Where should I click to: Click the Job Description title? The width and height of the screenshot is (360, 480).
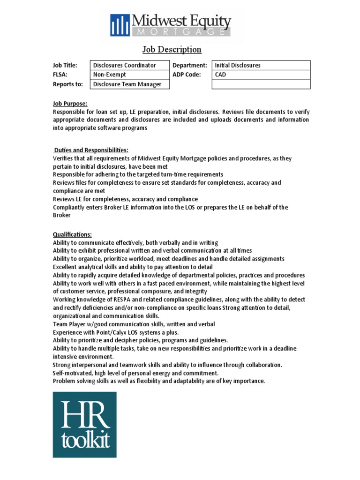click(x=172, y=49)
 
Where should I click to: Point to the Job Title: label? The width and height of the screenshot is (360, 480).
click(x=65, y=66)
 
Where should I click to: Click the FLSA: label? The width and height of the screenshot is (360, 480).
click(x=60, y=75)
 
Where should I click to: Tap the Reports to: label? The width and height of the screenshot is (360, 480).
click(x=67, y=84)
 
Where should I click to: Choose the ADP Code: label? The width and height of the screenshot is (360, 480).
click(x=187, y=75)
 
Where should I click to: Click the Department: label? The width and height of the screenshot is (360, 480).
click(x=190, y=66)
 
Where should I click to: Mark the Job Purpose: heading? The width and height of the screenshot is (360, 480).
click(x=70, y=104)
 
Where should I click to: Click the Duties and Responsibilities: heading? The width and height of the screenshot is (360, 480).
click(x=91, y=150)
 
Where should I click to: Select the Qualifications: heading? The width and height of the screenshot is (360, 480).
click(x=72, y=234)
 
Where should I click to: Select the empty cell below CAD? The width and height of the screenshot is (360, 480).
click(x=261, y=84)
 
